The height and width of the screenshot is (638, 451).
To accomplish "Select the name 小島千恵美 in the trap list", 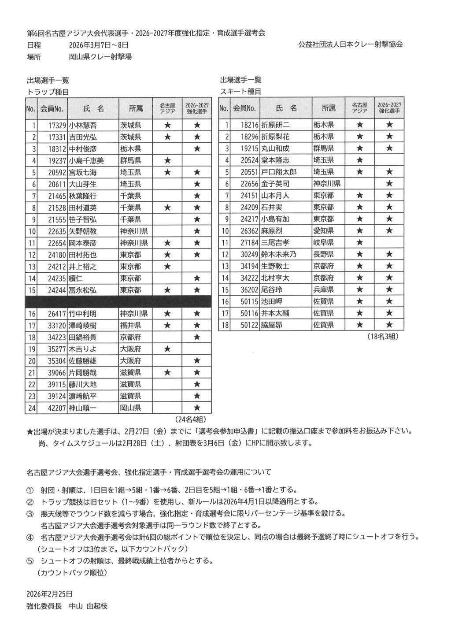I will (86, 160).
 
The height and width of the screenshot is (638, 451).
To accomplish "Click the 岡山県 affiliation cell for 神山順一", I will (130, 408).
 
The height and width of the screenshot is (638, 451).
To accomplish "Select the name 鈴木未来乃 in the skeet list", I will (279, 254).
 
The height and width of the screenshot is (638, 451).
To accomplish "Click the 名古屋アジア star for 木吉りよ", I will (167, 349).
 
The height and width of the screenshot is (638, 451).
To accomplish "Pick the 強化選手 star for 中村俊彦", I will (197, 148).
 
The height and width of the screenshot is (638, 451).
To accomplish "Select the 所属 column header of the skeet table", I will (328, 108).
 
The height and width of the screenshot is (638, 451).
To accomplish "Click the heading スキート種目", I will (240, 91).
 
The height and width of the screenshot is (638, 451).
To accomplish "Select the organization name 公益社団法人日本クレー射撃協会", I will (350, 45).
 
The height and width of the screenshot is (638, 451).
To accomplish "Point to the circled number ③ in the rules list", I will (30, 514).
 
